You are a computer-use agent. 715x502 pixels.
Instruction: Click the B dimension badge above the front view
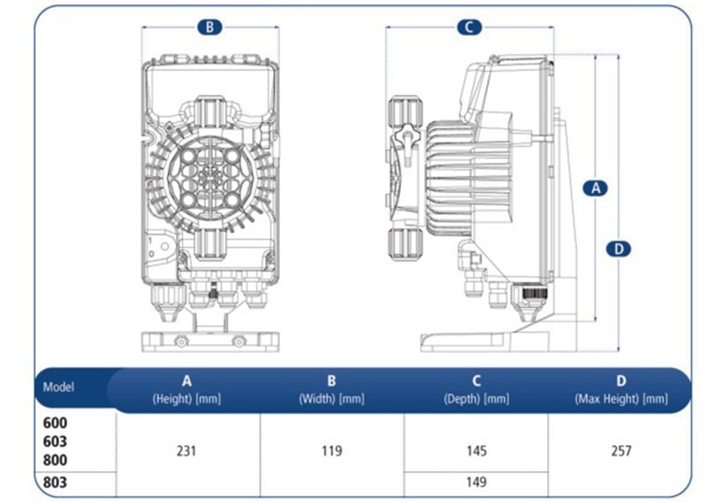(x=209, y=27)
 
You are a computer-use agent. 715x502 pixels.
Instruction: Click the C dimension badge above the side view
(x=469, y=27)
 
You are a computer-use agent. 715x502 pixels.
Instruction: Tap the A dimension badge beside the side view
(x=595, y=188)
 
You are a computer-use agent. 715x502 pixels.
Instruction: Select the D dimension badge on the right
(x=618, y=248)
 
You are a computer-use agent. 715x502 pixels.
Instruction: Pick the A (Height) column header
(x=187, y=389)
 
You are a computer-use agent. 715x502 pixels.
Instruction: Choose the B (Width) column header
(x=331, y=389)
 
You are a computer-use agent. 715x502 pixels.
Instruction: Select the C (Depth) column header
(x=476, y=389)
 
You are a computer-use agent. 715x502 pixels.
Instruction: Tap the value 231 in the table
(x=187, y=451)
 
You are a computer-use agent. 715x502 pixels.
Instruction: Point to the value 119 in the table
(x=331, y=451)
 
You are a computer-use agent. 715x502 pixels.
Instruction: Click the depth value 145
(x=476, y=451)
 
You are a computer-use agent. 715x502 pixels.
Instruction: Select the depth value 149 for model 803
(x=476, y=483)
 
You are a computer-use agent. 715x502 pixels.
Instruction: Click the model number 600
(x=55, y=424)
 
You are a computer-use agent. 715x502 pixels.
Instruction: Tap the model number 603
(x=55, y=441)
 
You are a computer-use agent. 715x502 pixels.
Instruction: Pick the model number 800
(x=55, y=460)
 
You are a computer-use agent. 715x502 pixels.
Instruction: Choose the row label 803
(x=55, y=483)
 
